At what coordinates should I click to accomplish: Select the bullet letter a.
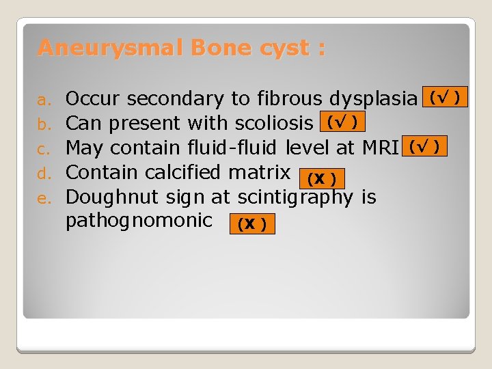[x=43, y=100]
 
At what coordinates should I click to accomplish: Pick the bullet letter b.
[x=43, y=124]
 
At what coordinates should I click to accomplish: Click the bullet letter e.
[x=43, y=198]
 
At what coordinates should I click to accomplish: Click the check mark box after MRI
[x=425, y=146]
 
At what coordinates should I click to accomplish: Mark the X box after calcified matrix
[x=321, y=179]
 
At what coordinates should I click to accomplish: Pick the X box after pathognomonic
[x=252, y=224]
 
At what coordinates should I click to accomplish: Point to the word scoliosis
[x=276, y=124]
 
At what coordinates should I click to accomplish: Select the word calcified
[x=193, y=173]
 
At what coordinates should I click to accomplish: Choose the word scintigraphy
[x=295, y=198]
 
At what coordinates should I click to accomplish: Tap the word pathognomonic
[x=139, y=221]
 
